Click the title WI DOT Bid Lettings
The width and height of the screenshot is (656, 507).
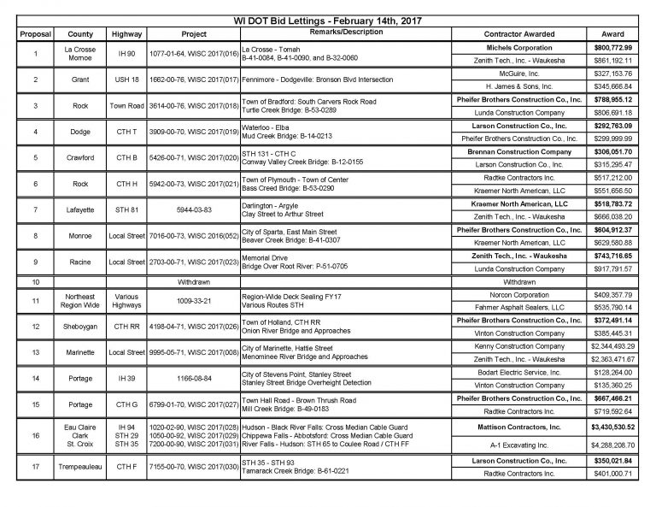[x=328, y=20]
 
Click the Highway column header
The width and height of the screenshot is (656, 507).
[x=126, y=34]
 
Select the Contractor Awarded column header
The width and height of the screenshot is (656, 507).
[x=518, y=34]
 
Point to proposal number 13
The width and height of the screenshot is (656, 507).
[x=35, y=351]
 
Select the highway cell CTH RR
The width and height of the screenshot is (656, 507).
[x=126, y=326]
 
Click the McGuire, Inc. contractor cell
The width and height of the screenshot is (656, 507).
[x=518, y=74]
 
